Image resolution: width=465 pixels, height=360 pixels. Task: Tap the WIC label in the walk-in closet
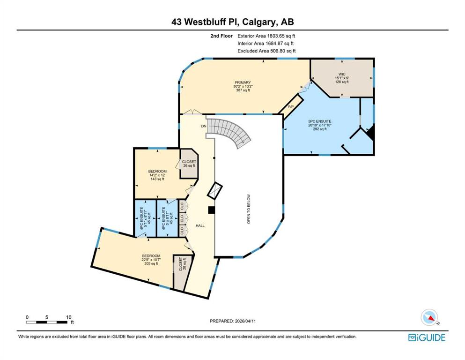tap(342, 74)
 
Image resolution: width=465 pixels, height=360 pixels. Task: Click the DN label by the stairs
tap(204, 126)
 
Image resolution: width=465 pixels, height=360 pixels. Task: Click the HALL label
tap(200, 225)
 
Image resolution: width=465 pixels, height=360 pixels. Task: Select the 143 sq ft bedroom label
tap(157, 171)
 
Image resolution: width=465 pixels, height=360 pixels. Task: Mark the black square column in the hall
tap(211, 210)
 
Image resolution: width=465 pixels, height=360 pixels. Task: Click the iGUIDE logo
tap(426, 337)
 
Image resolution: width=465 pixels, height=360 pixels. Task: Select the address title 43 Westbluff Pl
tap(232, 22)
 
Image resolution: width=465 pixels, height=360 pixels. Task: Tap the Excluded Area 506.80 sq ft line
tap(266, 51)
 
